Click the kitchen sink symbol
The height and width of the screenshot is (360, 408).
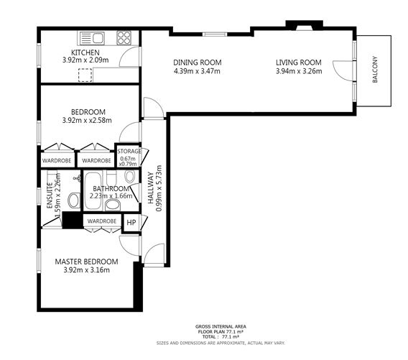pyautogui.click(x=92, y=38)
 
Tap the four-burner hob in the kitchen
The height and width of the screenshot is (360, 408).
pyautogui.click(x=124, y=38)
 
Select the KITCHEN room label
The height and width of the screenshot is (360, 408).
pyautogui.click(x=85, y=52)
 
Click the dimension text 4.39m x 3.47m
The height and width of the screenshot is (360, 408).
pyautogui.click(x=197, y=71)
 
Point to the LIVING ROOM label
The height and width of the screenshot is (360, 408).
pyautogui.click(x=299, y=63)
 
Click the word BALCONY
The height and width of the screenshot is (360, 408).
pyautogui.click(x=375, y=70)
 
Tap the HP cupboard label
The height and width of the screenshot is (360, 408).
pyautogui.click(x=131, y=223)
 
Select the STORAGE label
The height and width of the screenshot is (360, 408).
pyautogui.click(x=129, y=151)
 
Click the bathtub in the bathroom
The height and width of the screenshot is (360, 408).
pyautogui.click(x=93, y=190)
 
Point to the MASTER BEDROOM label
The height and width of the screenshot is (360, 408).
pyautogui.click(x=86, y=262)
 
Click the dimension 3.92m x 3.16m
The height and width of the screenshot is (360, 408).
pyautogui.click(x=86, y=270)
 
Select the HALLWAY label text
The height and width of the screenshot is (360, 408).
pyautogui.click(x=151, y=188)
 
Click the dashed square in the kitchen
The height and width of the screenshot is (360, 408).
pyautogui.click(x=85, y=75)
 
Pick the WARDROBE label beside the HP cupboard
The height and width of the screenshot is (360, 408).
pyautogui.click(x=102, y=221)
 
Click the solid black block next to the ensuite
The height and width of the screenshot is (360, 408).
pyautogui.click(x=73, y=221)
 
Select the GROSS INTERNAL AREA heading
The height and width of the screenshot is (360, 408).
pyautogui.click(x=221, y=327)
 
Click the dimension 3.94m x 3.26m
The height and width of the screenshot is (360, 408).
pyautogui.click(x=299, y=71)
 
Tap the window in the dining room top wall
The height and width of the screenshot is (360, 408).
pyautogui.click(x=215, y=34)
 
